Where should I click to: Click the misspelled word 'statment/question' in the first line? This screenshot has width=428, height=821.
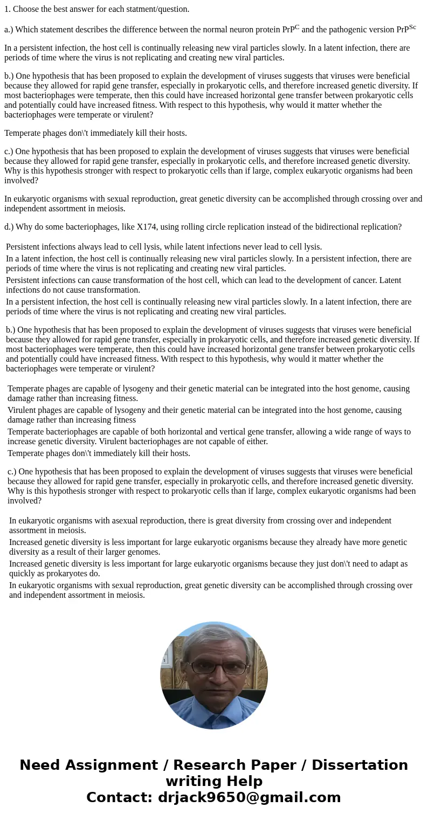click(x=157, y=9)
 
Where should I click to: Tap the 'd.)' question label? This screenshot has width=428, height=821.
click(x=9, y=227)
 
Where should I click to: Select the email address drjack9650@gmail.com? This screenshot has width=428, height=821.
click(x=249, y=797)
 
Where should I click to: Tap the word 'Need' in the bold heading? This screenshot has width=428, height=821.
click(x=40, y=765)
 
